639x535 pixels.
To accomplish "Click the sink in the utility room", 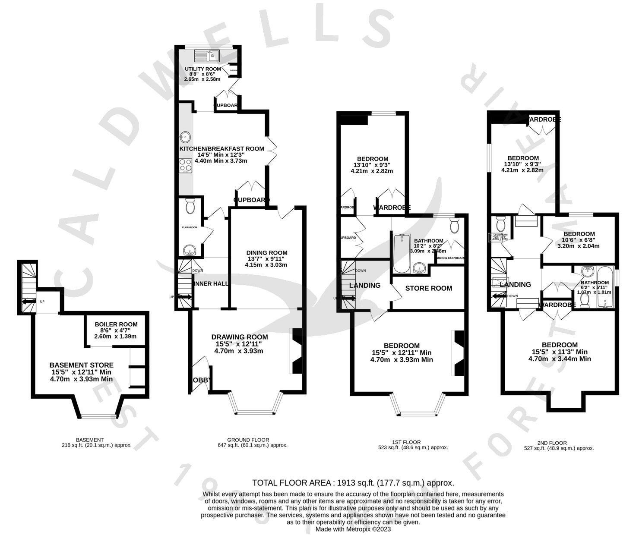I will click(x=207, y=55).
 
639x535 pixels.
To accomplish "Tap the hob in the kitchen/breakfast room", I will click(x=185, y=166).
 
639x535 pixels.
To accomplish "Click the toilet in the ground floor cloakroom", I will click(x=190, y=207).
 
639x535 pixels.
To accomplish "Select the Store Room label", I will click(x=428, y=288).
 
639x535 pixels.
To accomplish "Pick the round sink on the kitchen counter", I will click(x=185, y=137).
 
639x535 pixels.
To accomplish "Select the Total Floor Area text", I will click(x=353, y=483).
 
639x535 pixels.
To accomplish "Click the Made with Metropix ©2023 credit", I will click(x=353, y=529).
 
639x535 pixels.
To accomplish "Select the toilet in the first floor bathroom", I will click(x=454, y=225).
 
